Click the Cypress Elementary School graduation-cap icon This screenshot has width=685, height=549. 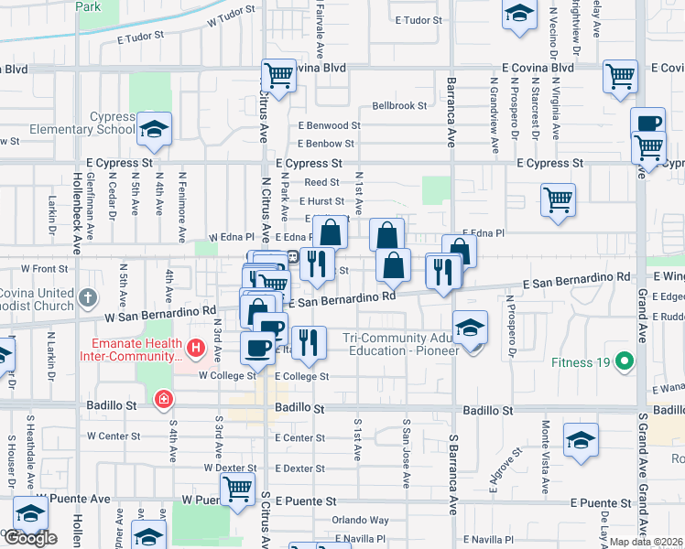coord(154,129)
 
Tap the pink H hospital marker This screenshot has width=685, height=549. coord(194,348)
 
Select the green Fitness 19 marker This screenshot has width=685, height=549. coord(625,361)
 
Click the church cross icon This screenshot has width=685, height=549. coord(87,297)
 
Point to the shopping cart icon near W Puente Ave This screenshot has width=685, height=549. coord(238,489)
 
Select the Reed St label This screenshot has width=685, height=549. coord(321,183)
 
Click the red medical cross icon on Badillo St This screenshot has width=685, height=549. coord(163,399)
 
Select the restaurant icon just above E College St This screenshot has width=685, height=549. coord(309,342)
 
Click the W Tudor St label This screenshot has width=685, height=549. coord(229,18)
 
